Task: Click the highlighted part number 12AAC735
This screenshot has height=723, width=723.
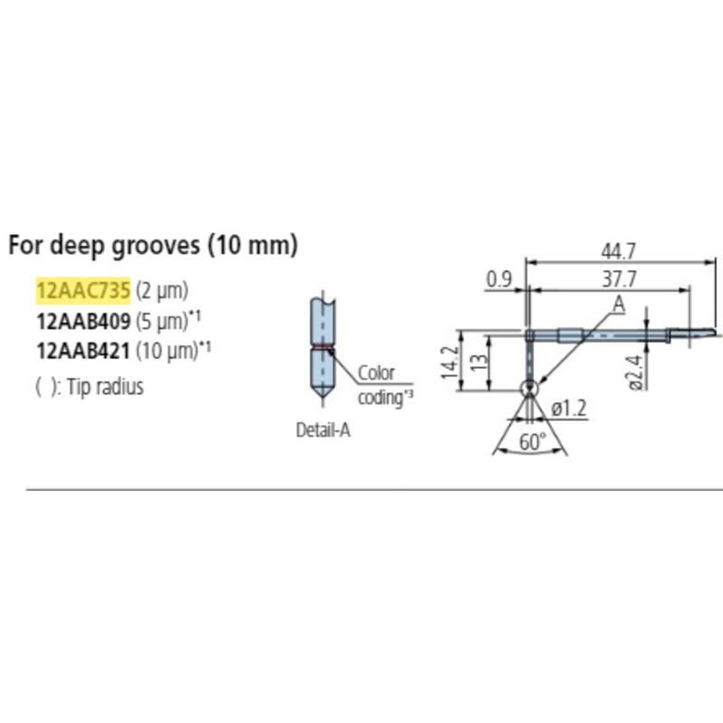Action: coord(83,291)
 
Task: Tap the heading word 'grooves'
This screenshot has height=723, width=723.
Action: coord(159,245)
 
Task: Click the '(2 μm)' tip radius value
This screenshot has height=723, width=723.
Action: coord(163,291)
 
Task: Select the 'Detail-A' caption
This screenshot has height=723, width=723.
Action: coord(323,431)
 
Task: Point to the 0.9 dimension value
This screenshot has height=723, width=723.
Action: coord(500,281)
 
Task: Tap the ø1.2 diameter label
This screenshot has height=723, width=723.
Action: coord(569,408)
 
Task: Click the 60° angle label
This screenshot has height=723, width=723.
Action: coord(534,442)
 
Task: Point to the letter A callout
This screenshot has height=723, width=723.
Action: coord(618,305)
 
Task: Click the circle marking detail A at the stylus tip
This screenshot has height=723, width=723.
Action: coord(529,388)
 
